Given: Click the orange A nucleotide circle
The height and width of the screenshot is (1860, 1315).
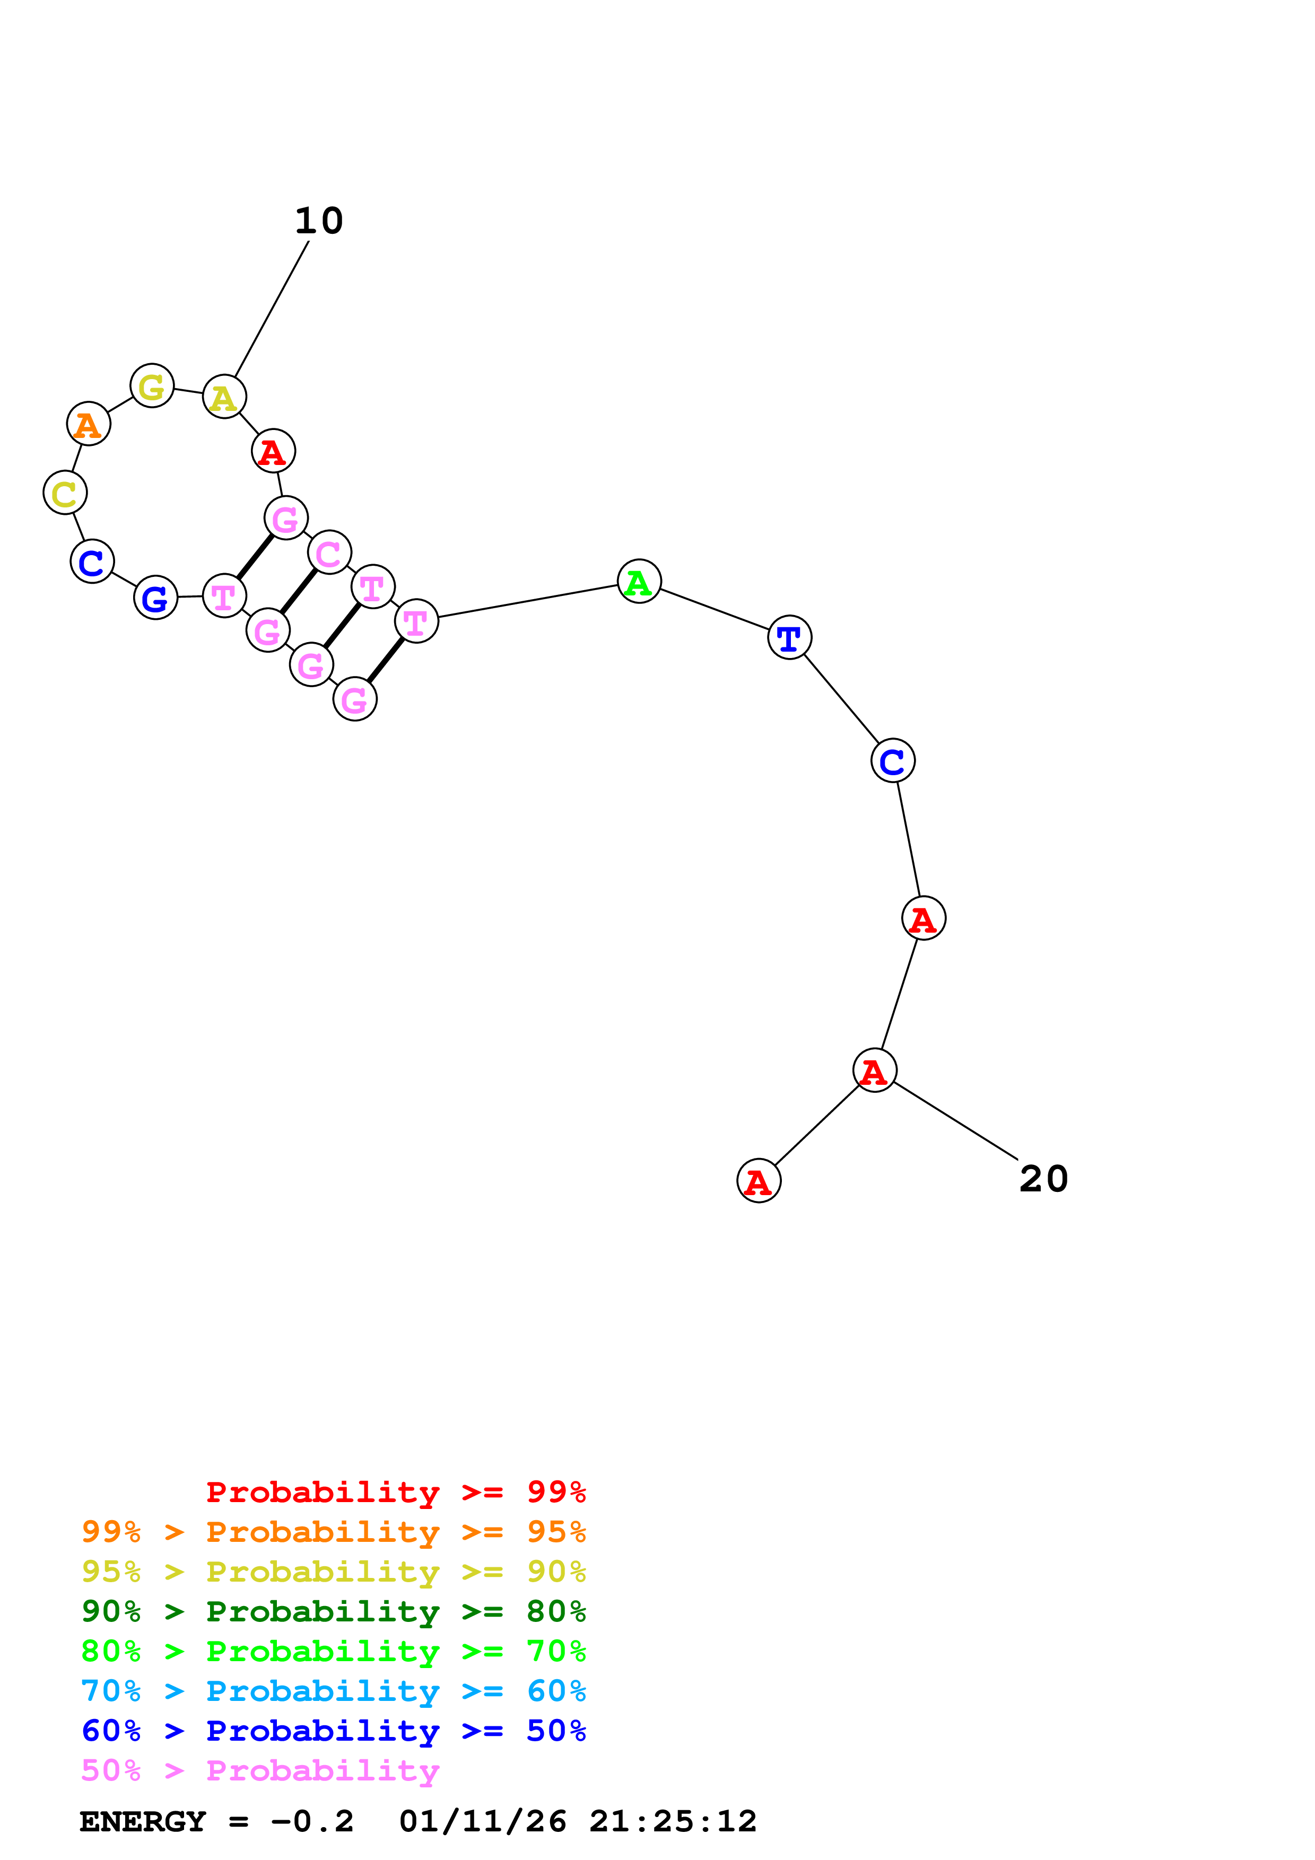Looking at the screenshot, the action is point(88,424).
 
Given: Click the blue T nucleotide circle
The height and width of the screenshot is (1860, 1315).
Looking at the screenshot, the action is point(789,637).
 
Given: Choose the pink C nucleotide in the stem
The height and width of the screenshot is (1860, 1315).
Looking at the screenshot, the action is point(329,552).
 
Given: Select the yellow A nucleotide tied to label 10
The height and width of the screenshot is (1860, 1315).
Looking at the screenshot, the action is point(224,397).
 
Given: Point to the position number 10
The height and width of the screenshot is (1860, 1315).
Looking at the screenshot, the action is point(318,221).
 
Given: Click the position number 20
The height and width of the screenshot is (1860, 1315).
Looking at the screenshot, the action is point(1043,1179).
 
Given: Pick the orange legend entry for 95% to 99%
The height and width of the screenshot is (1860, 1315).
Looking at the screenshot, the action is point(333,1531).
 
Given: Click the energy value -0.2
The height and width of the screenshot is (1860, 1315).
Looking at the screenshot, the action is point(312,1821).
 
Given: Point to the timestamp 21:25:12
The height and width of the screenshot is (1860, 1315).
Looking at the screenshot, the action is point(673,1821).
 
